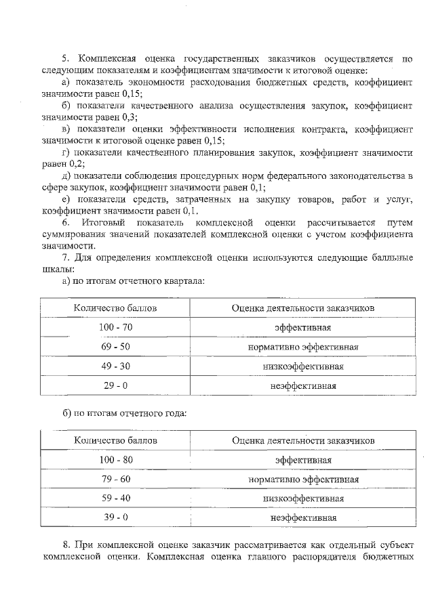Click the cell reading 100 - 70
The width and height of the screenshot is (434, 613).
tap(115, 328)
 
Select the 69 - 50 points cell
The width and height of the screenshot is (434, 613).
tap(115, 347)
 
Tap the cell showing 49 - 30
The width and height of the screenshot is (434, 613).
tap(115, 367)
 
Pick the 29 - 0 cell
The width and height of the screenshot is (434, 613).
tap(115, 386)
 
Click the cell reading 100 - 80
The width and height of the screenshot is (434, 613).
tap(115, 460)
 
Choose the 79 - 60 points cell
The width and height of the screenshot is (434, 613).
tap(115, 480)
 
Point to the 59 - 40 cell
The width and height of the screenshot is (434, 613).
tap(115, 499)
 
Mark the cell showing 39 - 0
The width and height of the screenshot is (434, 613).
tap(115, 518)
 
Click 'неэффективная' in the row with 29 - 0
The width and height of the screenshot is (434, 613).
tap(303, 386)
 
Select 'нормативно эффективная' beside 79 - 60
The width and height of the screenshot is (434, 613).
tap(303, 480)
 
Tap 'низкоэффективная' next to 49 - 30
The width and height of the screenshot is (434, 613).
tap(303, 367)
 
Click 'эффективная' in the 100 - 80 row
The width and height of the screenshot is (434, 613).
tap(303, 460)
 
